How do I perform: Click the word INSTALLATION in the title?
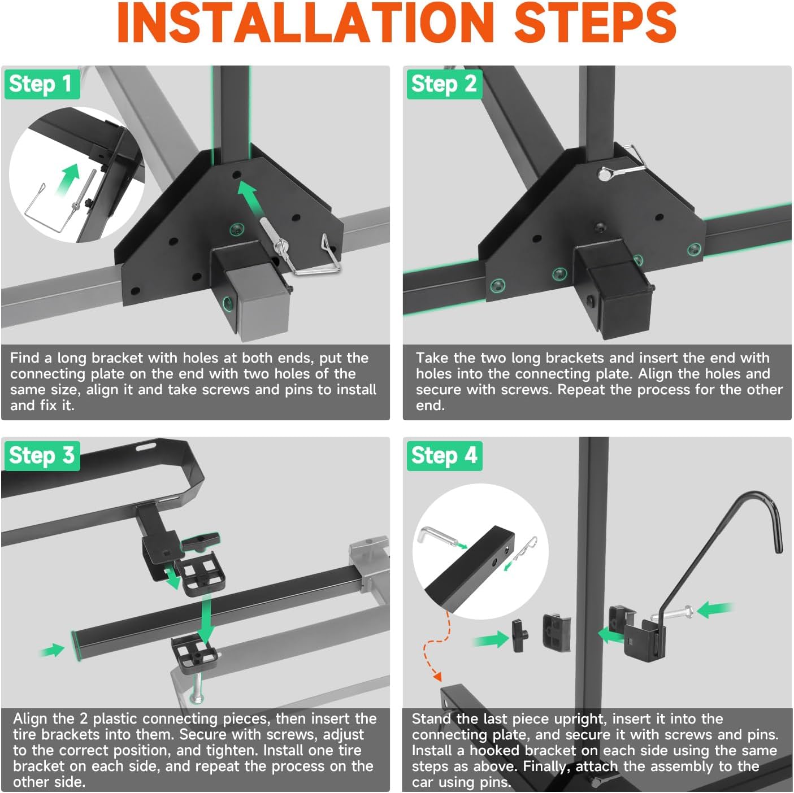[x=305, y=23]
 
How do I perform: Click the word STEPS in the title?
[x=595, y=23]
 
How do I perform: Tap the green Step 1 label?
[x=42, y=84]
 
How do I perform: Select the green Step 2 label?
[x=444, y=84]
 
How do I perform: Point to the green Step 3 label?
[x=42, y=456]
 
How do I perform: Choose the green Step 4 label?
[x=444, y=456]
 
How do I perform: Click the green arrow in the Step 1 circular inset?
[x=68, y=180]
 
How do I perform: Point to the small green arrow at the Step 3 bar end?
[x=53, y=650]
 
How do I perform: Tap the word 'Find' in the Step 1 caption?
[x=25, y=358]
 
